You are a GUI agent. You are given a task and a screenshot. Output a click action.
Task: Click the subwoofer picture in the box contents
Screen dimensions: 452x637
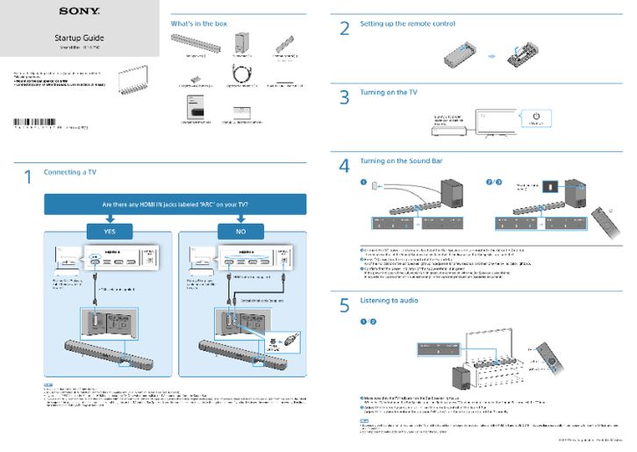(240, 43)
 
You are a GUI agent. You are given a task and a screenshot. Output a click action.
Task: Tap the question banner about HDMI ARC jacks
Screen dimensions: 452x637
(175, 204)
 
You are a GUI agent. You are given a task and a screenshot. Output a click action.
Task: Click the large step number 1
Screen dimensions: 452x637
(28, 177)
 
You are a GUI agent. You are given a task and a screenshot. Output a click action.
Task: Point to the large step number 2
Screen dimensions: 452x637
(345, 27)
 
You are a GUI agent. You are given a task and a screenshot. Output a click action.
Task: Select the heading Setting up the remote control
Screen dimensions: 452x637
(395, 23)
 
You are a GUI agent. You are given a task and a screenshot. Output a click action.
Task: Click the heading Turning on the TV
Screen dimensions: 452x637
(389, 91)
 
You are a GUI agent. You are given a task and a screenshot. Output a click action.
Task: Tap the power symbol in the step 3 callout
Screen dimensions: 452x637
(537, 117)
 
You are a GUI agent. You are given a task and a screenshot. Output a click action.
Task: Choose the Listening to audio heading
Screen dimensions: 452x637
(389, 300)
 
